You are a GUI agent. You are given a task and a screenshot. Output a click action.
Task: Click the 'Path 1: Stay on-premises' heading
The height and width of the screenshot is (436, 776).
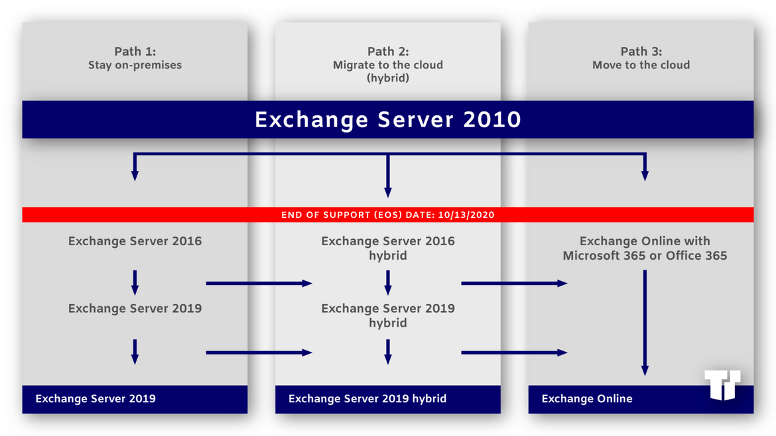(x=135, y=58)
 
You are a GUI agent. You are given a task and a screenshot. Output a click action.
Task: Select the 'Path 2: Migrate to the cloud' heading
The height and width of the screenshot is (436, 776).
(x=388, y=64)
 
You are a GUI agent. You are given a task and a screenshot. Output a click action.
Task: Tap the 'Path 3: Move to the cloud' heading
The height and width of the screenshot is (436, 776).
(x=641, y=58)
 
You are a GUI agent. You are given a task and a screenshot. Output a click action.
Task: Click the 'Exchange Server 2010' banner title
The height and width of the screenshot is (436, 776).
(x=388, y=120)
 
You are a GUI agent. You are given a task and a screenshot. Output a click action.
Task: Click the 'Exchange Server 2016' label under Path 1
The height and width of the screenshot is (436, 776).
(x=135, y=241)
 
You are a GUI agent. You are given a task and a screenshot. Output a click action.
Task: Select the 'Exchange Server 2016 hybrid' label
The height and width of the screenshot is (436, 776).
(x=388, y=248)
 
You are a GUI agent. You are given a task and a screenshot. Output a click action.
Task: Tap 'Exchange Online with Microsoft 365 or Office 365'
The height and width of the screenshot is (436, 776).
(x=645, y=248)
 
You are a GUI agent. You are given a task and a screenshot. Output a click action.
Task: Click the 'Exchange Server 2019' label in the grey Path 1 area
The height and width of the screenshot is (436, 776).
(x=135, y=309)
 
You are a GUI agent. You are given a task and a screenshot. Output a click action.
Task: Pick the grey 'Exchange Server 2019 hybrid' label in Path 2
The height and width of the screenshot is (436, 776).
(x=388, y=315)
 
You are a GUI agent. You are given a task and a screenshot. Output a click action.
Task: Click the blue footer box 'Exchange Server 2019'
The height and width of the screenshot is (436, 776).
(x=135, y=399)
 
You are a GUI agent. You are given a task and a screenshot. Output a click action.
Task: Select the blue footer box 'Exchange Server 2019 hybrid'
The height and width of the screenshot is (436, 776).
(x=388, y=399)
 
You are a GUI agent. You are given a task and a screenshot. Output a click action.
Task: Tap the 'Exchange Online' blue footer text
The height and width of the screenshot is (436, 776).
(x=587, y=399)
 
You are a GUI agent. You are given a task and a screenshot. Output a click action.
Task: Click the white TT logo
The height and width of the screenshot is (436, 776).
(x=722, y=384)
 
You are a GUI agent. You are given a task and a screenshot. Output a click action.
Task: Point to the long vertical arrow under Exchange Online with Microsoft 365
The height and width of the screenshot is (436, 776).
(x=645, y=323)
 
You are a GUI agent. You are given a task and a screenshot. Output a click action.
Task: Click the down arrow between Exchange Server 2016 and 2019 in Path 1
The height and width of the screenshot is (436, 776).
(x=135, y=283)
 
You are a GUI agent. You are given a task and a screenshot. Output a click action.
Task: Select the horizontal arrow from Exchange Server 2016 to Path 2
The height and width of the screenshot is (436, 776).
(x=259, y=283)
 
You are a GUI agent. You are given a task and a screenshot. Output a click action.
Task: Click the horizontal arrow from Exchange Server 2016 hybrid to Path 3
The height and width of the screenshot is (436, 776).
(x=514, y=283)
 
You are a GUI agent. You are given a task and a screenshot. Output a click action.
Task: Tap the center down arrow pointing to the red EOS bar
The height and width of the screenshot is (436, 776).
(x=388, y=176)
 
